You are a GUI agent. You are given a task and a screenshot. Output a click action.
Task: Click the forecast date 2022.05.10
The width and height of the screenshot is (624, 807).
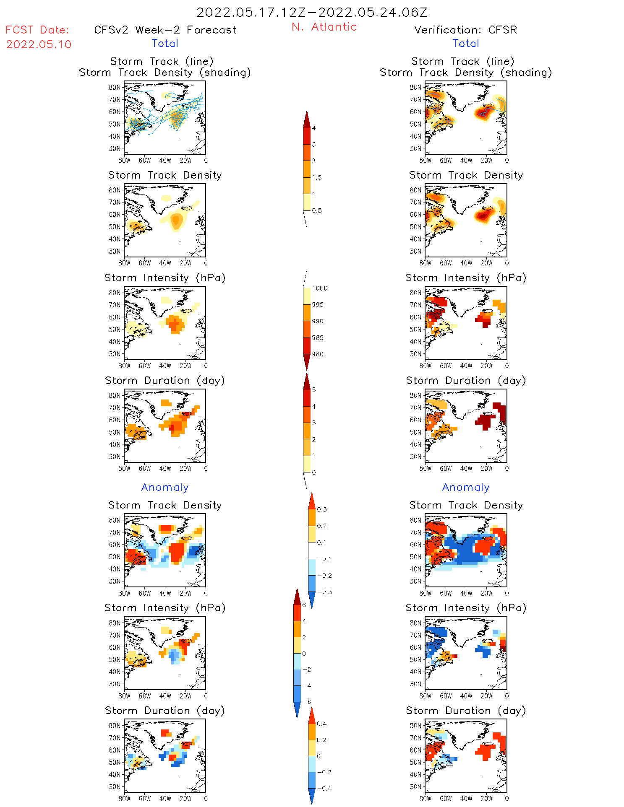point(39,44)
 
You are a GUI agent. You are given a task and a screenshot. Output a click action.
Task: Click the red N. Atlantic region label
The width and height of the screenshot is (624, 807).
point(324,27)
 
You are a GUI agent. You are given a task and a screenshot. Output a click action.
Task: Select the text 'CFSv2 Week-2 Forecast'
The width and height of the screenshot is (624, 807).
point(165,30)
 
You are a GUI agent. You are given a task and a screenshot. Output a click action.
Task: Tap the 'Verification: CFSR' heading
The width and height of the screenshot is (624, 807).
point(465,30)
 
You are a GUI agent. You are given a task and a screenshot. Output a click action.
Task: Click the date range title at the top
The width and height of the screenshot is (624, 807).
point(312,12)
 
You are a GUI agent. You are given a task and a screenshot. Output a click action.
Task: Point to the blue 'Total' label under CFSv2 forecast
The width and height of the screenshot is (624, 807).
point(165,43)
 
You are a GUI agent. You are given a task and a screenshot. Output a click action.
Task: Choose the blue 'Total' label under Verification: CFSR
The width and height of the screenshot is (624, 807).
point(466,43)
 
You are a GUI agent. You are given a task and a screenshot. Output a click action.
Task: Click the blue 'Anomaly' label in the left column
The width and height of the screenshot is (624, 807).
point(165,487)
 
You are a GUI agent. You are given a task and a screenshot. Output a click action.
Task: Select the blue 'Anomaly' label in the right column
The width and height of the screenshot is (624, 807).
point(466,487)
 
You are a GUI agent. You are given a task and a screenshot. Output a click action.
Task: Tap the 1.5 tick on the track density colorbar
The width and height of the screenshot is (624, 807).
point(317,177)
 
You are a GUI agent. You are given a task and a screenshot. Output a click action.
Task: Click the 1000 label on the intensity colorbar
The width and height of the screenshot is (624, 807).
point(319,288)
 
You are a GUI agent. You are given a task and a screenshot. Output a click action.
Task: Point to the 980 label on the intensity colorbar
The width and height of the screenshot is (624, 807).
point(318,354)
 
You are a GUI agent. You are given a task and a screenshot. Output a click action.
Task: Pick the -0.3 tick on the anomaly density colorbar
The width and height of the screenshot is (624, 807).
point(324,592)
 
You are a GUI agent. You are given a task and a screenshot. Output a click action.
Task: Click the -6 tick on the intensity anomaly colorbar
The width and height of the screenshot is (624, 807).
point(307,702)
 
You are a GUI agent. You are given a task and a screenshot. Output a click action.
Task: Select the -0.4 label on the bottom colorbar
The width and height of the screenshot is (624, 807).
point(324,788)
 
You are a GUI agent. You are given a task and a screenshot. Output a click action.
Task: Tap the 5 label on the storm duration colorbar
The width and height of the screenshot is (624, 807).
point(314,390)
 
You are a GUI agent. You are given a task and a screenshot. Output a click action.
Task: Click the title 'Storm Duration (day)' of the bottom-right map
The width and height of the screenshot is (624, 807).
point(466,711)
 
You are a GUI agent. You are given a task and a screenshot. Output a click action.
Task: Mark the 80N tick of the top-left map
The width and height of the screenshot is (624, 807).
point(115,87)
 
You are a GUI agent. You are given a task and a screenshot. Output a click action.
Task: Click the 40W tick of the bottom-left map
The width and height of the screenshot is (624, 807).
point(165,799)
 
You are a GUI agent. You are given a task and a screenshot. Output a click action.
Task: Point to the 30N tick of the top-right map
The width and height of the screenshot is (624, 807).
point(415,148)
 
